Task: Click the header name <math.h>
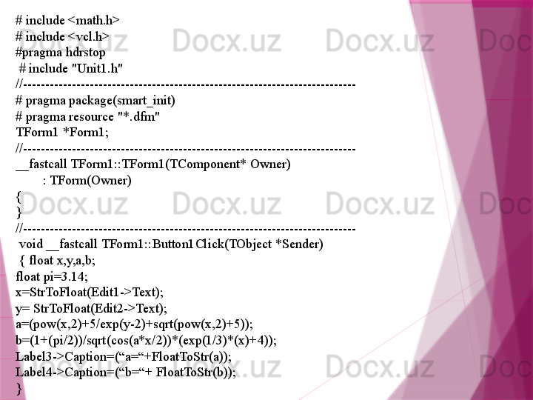coord(94,21)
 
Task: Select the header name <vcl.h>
coord(88,36)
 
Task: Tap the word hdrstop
coord(85,53)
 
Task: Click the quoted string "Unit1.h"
coord(96,68)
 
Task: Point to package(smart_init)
coord(121,101)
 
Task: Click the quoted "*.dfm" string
coord(138,117)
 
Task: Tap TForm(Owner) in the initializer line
coord(91,180)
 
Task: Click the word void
coord(31,244)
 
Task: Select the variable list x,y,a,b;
coord(76,261)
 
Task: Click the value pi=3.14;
coord(66,276)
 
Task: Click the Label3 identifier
coord(33,357)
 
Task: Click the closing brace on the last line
coord(19,388)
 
